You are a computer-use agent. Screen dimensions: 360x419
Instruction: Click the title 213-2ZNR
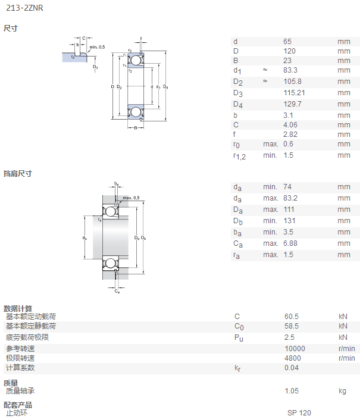[24, 8]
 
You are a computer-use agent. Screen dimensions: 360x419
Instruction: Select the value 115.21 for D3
[294, 93]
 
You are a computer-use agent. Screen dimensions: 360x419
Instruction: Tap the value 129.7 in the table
[292, 104]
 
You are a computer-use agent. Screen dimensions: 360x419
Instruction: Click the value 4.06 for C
[290, 125]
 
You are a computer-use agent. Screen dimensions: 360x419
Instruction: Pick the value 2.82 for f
[290, 135]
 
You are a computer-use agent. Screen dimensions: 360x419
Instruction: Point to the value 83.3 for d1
[290, 70]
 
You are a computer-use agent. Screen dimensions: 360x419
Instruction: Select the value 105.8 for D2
[292, 81]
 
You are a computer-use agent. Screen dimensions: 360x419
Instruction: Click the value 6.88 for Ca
[290, 243]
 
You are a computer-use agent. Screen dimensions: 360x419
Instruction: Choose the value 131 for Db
[289, 221]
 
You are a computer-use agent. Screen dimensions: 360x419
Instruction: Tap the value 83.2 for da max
[290, 198]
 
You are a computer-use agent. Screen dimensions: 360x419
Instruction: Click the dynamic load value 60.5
[292, 317]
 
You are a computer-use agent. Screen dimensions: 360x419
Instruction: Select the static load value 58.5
[292, 326]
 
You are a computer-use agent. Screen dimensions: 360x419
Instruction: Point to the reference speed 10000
[295, 348]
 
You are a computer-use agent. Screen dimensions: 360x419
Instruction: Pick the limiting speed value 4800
[292, 358]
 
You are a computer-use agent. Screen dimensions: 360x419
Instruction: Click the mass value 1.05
[292, 391]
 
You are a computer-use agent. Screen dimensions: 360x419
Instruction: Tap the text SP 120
[299, 413]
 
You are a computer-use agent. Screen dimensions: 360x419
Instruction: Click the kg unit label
[342, 391]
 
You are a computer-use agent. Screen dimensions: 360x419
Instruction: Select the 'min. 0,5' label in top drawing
[97, 47]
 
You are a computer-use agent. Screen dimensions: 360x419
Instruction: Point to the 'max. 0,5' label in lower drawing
[131, 198]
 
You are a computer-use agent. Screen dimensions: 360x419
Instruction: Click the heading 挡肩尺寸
[18, 173]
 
